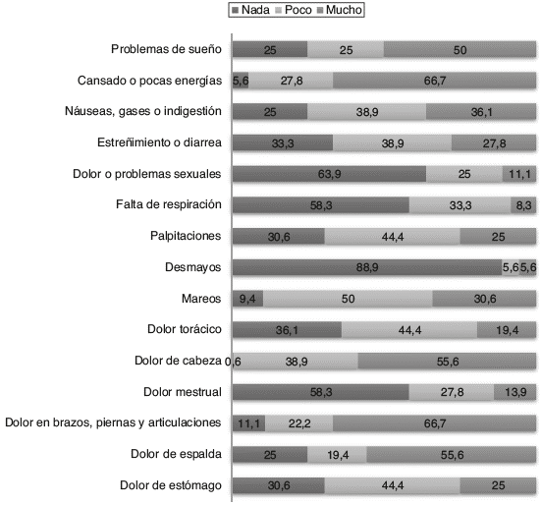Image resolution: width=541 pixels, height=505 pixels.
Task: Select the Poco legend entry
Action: [294, 10]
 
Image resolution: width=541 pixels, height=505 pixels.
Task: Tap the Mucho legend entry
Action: [340, 10]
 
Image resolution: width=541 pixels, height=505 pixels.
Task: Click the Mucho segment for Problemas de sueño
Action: [460, 49]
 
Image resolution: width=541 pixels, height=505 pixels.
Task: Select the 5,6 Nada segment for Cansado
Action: [241, 81]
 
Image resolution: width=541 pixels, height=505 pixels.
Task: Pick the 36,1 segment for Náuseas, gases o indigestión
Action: [481, 112]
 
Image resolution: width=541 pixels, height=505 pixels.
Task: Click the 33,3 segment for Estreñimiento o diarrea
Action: [283, 142]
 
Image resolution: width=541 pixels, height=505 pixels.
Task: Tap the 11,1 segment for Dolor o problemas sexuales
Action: [519, 174]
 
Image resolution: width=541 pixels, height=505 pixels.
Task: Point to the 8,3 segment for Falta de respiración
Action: [523, 205]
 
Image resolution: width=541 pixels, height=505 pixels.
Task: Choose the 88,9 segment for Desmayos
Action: [367, 267]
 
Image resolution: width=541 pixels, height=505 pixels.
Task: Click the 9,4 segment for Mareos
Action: [247, 299]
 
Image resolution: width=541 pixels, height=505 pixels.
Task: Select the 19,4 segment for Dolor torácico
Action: [507, 330]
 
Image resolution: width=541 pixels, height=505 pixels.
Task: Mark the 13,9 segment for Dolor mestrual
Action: [515, 392]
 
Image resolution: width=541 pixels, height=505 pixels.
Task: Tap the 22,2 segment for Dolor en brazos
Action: [299, 423]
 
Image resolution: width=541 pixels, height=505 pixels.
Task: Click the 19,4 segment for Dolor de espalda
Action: [337, 455]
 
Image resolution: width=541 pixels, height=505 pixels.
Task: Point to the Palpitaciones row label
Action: [186, 236]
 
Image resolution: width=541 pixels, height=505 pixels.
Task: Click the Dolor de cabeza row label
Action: [178, 361]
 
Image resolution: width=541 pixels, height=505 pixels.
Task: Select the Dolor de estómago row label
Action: [171, 485]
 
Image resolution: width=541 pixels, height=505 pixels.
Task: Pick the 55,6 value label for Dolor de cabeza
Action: [448, 362]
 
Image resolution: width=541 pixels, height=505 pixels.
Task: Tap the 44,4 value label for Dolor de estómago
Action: [393, 485]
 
